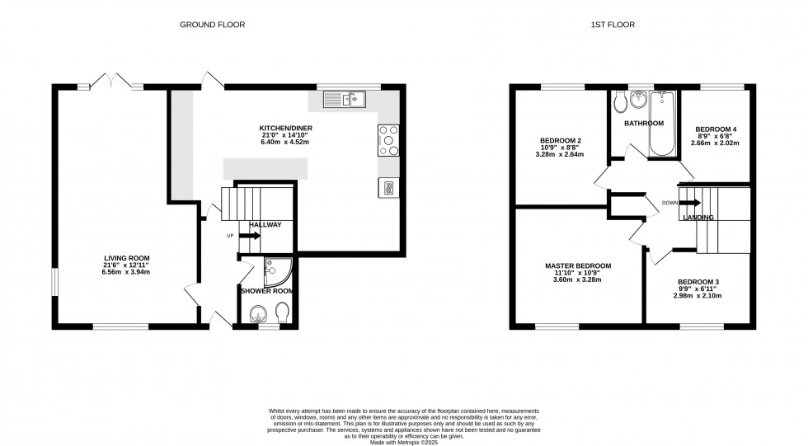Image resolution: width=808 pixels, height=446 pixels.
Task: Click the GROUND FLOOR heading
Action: pyautogui.click(x=204, y=25)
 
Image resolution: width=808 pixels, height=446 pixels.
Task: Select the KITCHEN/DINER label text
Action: pyautogui.click(x=286, y=129)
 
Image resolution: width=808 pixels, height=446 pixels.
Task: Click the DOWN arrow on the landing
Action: pyautogui.click(x=689, y=202)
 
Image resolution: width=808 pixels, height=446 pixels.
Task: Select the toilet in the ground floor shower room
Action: pyautogui.click(x=283, y=312)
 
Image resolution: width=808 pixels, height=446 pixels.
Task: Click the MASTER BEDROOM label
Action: pyautogui.click(x=578, y=265)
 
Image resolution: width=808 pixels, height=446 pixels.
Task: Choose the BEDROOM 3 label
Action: pyautogui.click(x=698, y=283)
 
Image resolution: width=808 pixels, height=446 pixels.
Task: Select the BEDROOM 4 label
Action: pyautogui.click(x=716, y=129)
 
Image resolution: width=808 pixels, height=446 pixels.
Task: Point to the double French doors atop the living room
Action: pyautogui.click(x=110, y=81)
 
